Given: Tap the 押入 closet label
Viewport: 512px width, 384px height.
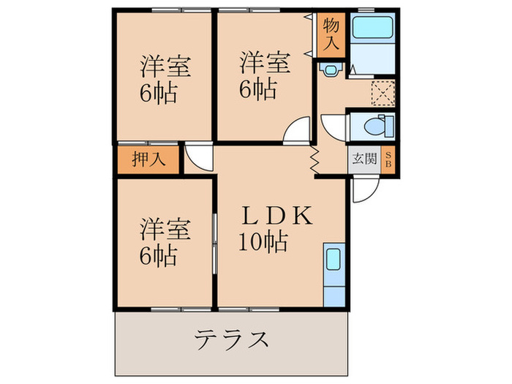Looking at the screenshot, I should (x=146, y=159).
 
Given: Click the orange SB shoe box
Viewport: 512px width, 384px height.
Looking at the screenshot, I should (x=388, y=159).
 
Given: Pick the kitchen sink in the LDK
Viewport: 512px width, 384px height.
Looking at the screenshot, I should (x=332, y=260).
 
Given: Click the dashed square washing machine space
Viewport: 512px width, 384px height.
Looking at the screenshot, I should (x=381, y=92).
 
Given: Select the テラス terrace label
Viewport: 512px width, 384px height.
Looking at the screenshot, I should (x=231, y=339).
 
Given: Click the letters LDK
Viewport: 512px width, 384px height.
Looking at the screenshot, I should (x=278, y=217).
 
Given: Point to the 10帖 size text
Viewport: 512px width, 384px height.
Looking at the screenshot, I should (x=261, y=241).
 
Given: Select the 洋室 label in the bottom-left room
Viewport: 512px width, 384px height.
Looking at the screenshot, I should (x=165, y=230).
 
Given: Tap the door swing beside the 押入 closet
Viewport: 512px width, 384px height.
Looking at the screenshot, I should (x=197, y=156).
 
